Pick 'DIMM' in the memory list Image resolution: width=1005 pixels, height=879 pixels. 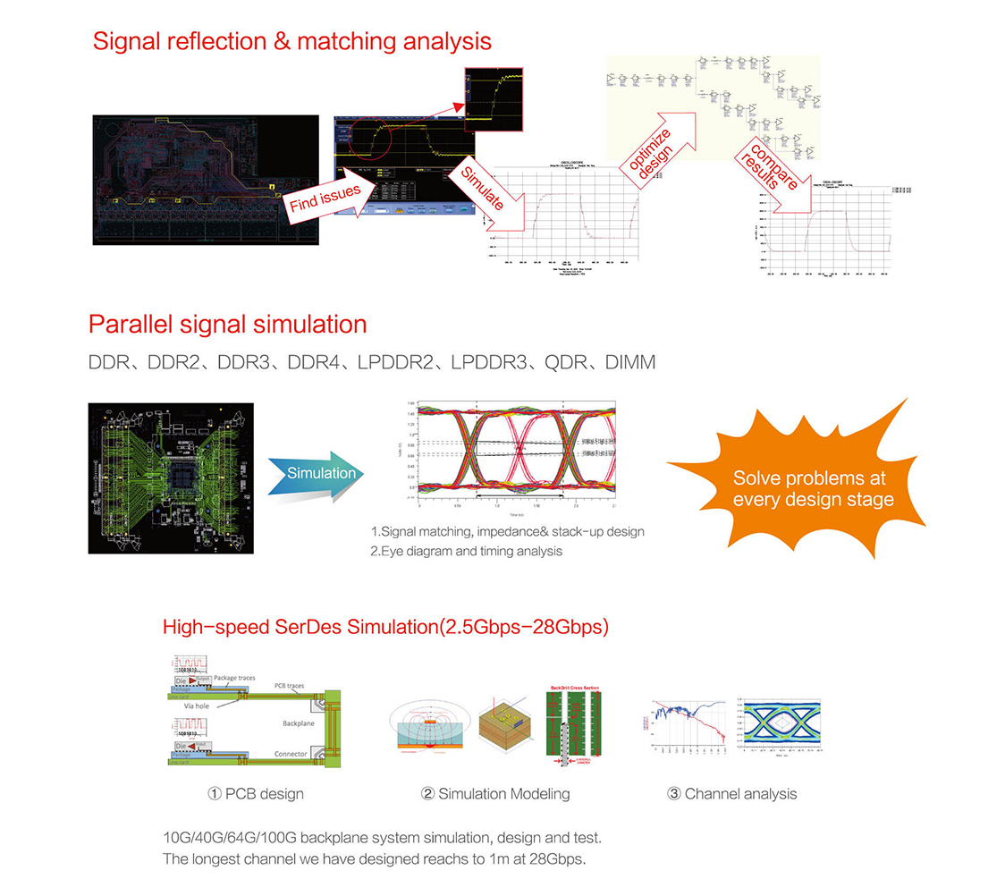click(x=629, y=362)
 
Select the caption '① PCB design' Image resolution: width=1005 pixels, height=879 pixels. click(x=256, y=793)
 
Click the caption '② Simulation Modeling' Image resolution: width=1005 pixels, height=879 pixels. click(x=494, y=793)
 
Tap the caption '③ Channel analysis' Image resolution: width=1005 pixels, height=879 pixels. click(x=731, y=793)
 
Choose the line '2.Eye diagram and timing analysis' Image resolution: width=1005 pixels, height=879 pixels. click(x=466, y=551)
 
